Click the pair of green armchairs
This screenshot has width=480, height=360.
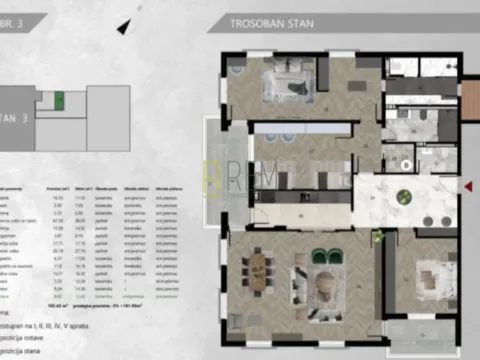point(320,256)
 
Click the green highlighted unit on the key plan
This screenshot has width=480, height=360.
point(59,101)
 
